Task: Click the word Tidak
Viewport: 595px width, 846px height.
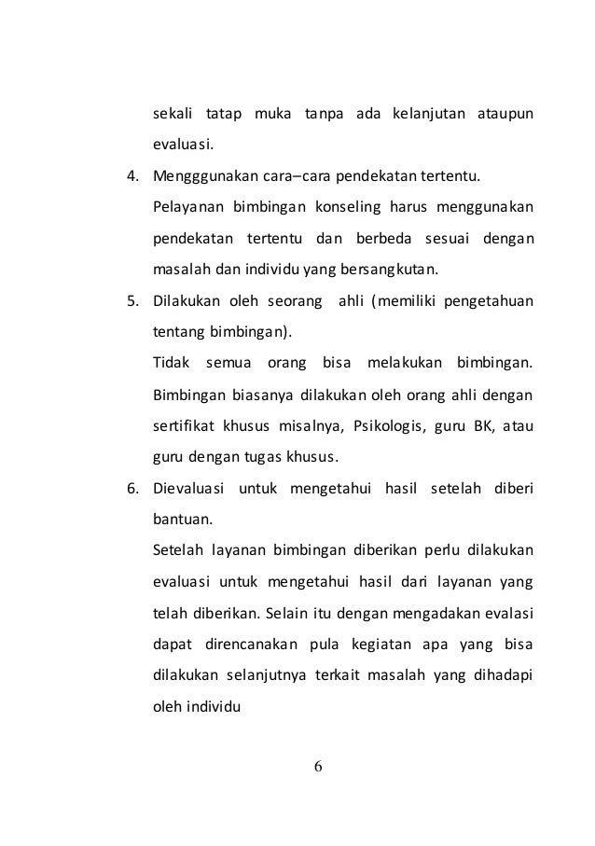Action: point(168,362)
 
